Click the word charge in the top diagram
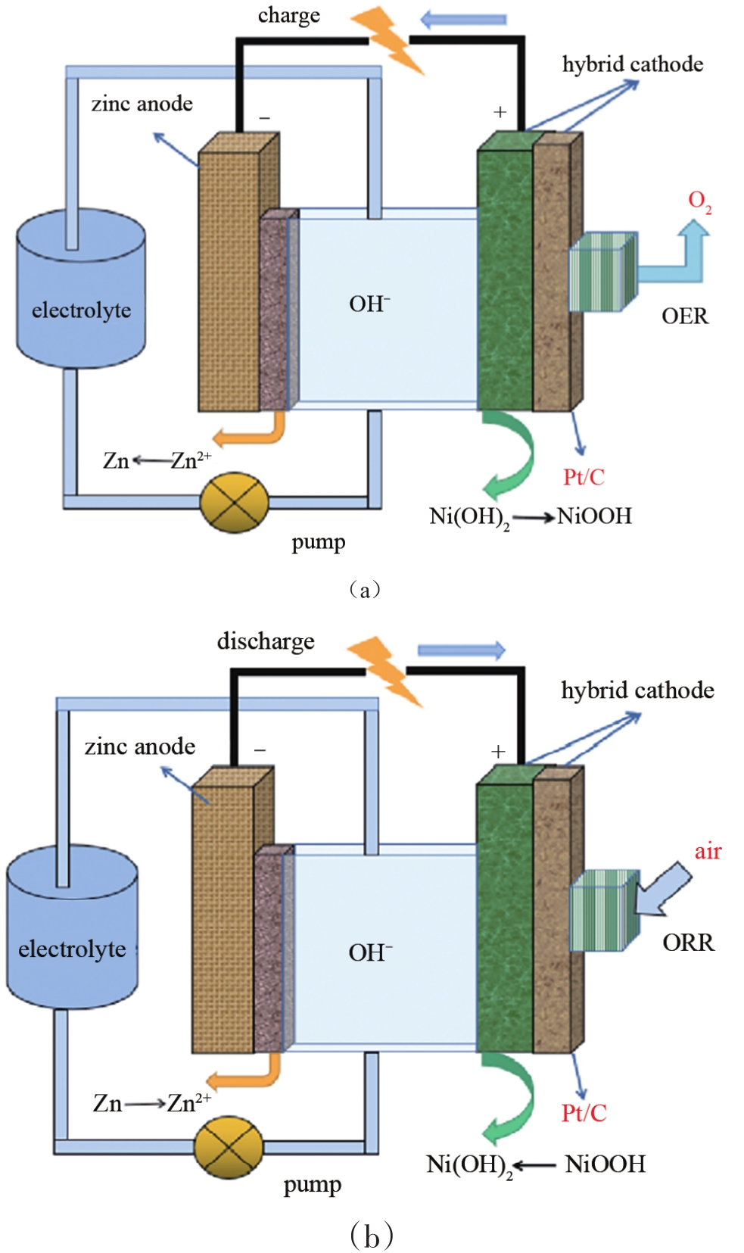288,16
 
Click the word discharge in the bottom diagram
266,641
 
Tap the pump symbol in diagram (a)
234,502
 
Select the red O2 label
699,201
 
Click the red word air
708,852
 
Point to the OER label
684,316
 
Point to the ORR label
688,943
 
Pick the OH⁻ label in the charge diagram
369,304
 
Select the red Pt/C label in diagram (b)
584,1113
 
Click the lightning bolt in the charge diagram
390,38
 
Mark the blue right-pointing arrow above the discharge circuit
461,650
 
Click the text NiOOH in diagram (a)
594,516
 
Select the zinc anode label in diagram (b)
140,747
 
